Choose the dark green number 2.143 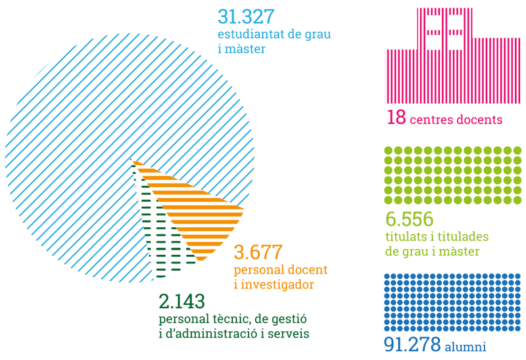(182, 302)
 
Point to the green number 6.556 (408, 220)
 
